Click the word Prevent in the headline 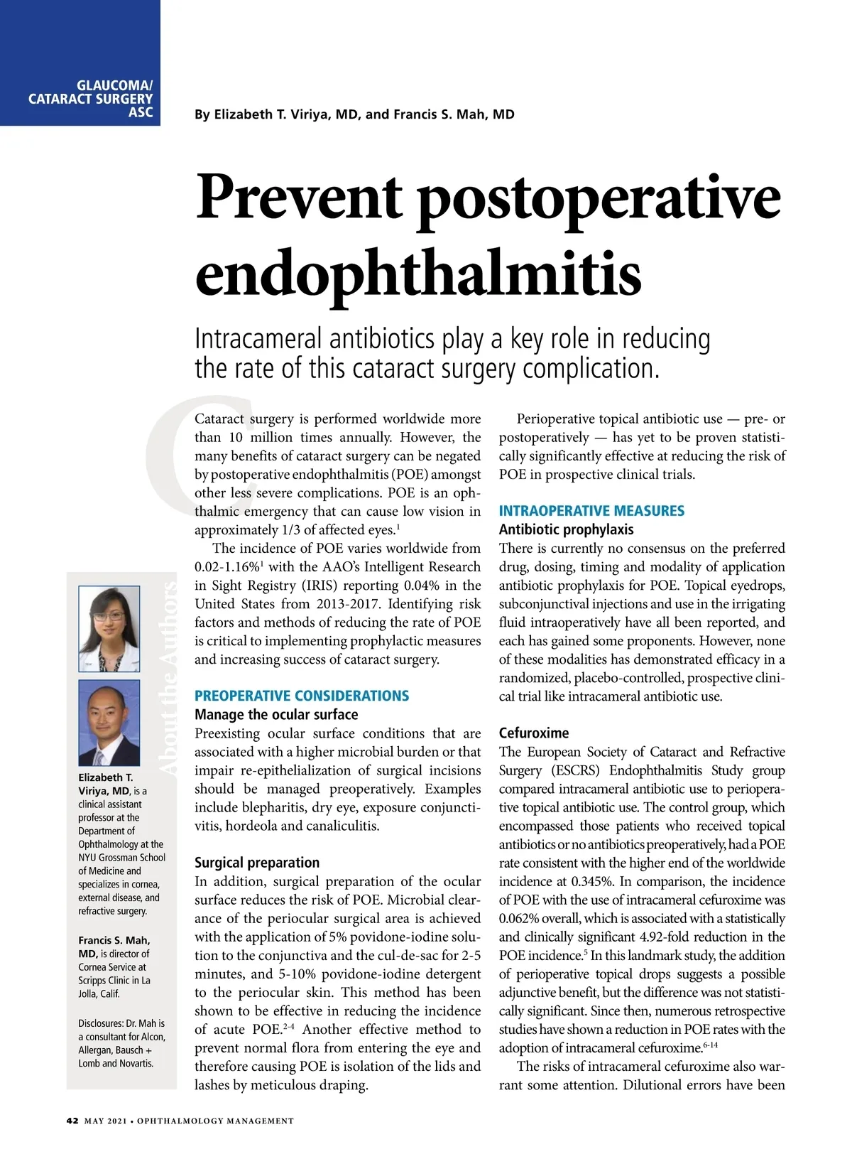(299, 197)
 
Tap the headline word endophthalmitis (418, 275)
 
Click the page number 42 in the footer (72, 1121)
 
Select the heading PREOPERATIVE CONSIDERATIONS (302, 696)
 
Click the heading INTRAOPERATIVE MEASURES (591, 511)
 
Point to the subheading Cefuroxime (534, 733)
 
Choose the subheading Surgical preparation (257, 863)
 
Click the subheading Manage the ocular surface (276, 714)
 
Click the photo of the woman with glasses (109, 629)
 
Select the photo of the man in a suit (109, 723)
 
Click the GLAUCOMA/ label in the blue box (114, 86)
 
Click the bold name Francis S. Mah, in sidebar (114, 940)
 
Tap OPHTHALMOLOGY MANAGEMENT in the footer (215, 1121)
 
